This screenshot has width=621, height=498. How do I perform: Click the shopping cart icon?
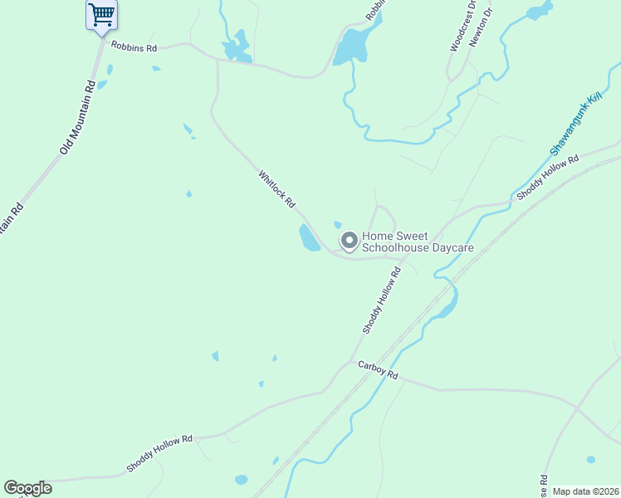pyautogui.click(x=101, y=14)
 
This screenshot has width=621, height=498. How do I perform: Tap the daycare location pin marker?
pyautogui.click(x=350, y=242)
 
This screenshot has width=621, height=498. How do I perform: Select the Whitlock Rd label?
pyautogui.click(x=276, y=190)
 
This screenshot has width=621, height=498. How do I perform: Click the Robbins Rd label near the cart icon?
pyautogui.click(x=134, y=48)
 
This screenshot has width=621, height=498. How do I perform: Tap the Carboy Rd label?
pyautogui.click(x=379, y=370)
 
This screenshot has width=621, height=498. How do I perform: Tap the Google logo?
pyautogui.click(x=27, y=488)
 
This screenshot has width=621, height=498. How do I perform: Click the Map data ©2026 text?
pyautogui.click(x=585, y=491)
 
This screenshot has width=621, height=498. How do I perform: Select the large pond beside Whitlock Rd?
pyautogui.click(x=309, y=237)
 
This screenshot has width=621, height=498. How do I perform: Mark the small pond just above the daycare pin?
pyautogui.click(x=338, y=224)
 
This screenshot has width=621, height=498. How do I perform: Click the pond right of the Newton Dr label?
pyautogui.click(x=540, y=11)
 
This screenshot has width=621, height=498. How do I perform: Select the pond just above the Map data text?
pyautogui.click(x=590, y=459)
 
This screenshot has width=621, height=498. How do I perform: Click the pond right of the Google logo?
pyautogui.click(x=241, y=479)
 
